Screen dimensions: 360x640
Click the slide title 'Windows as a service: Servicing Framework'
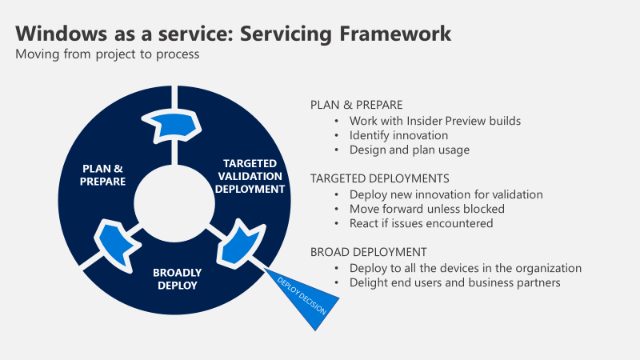coord(233,34)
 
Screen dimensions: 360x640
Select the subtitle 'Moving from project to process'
coord(107,55)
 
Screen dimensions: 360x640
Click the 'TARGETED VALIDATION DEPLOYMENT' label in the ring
coord(253,176)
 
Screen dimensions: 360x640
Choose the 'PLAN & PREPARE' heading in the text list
coord(356,105)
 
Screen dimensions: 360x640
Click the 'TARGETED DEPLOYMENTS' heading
coord(379,178)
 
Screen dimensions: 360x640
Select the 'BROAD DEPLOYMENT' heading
coord(368,251)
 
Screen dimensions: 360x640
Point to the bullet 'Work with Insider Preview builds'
coord(435,121)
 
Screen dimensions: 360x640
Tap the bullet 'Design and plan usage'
coord(410,150)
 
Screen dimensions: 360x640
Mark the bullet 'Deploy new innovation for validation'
coord(446,194)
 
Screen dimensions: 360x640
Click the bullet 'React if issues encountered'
coord(421,223)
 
